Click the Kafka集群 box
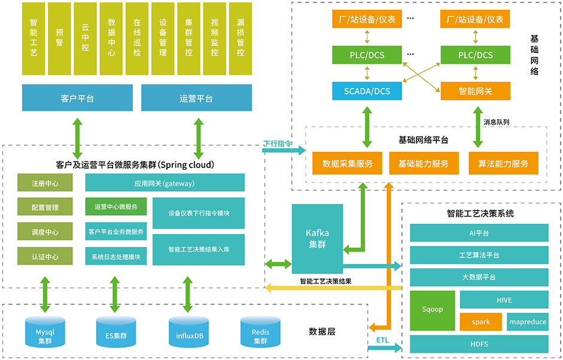tap(317, 238)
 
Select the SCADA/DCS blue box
tap(367, 91)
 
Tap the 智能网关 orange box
tap(476, 91)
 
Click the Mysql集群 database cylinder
tap(45, 332)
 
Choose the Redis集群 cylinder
tap(260, 332)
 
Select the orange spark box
tap(480, 322)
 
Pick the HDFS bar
tap(479, 344)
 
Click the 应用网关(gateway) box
tap(165, 183)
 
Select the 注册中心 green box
tap(45, 183)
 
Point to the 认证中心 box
tap(45, 257)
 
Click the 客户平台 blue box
tap(77, 97)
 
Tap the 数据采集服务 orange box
tap(347, 163)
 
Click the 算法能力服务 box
tap(503, 163)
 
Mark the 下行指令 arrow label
tap(277, 144)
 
